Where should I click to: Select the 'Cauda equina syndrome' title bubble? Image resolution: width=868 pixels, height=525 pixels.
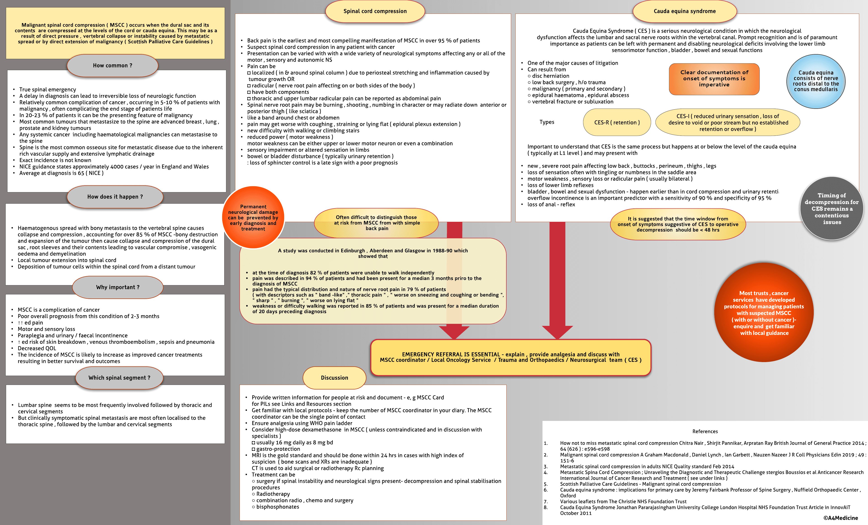tap(684, 11)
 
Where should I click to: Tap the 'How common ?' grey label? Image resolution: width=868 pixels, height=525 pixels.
tap(112, 66)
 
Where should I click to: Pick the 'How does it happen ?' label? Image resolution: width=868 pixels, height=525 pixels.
tap(115, 197)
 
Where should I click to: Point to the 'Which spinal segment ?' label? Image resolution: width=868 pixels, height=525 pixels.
tap(119, 378)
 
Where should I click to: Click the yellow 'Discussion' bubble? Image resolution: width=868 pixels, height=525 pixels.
tap(334, 378)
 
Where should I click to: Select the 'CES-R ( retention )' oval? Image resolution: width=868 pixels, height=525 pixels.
tap(617, 122)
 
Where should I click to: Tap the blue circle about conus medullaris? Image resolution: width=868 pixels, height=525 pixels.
tap(816, 81)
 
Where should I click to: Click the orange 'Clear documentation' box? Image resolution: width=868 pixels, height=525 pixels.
tap(714, 79)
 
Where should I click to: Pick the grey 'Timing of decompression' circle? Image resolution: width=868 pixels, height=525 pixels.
tap(831, 209)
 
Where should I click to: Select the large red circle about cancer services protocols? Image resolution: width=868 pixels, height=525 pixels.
tap(764, 313)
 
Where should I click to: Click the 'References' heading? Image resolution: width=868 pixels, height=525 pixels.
tap(705, 431)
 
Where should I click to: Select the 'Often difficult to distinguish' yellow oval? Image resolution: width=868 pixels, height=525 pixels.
tap(376, 223)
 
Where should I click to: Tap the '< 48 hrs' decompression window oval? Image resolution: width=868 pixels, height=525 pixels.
tap(678, 224)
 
